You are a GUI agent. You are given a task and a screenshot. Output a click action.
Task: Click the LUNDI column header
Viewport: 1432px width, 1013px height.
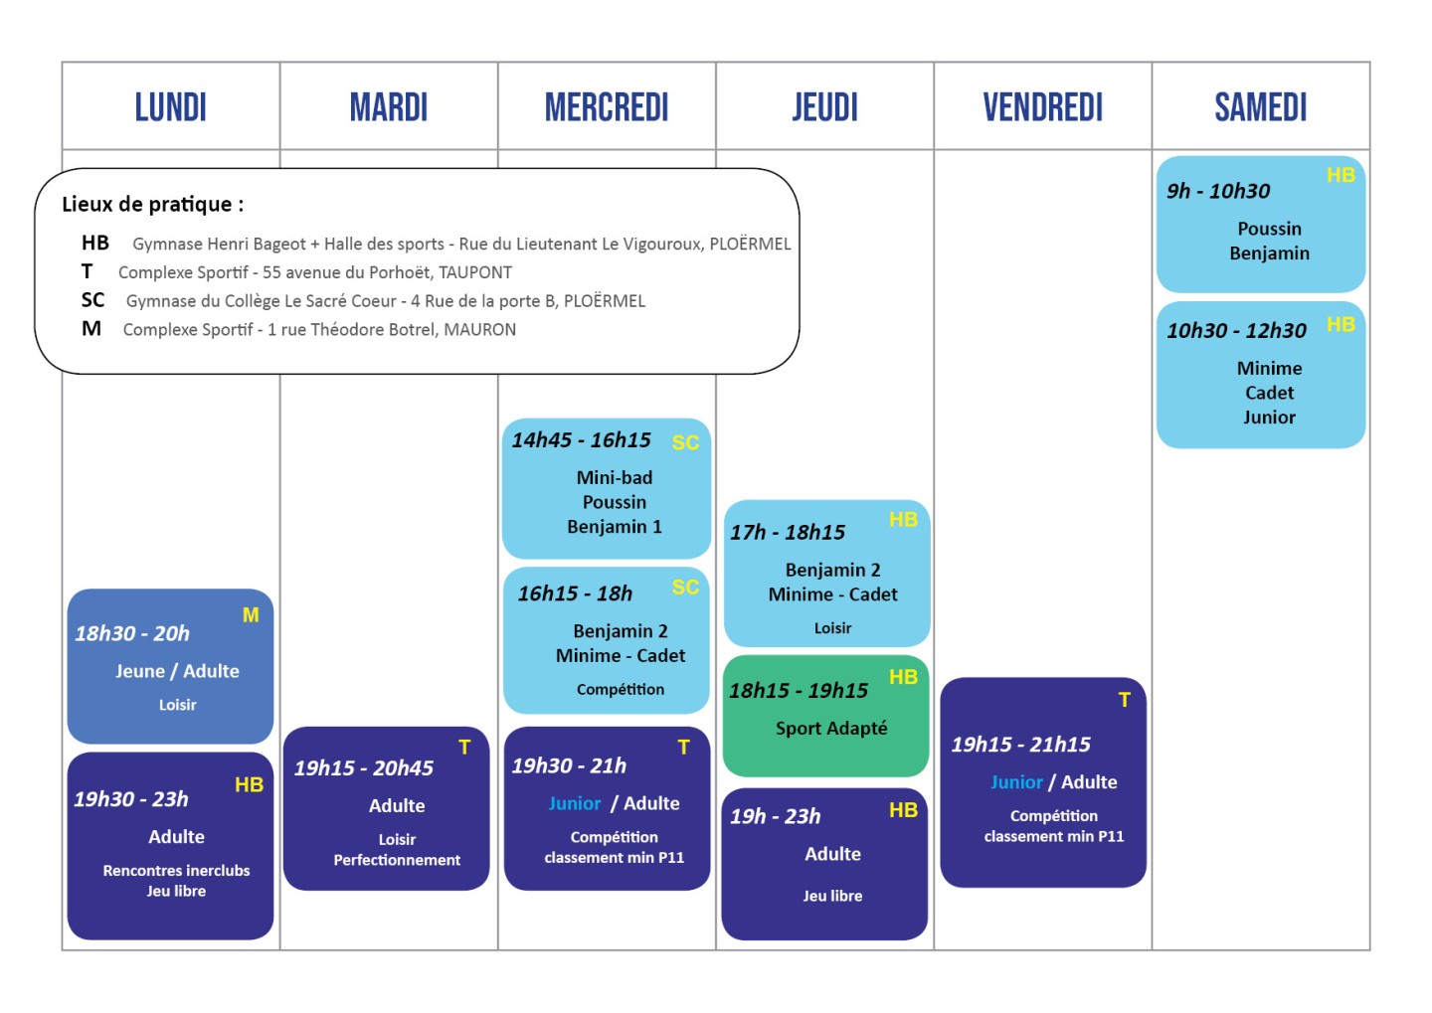[x=171, y=107]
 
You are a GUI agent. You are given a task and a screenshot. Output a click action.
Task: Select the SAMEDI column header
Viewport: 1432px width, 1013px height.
[x=1261, y=107]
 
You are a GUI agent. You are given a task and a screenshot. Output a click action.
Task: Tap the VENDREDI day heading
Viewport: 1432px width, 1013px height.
[x=1042, y=107]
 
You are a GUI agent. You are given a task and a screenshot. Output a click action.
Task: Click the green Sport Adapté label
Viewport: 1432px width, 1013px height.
[x=831, y=728]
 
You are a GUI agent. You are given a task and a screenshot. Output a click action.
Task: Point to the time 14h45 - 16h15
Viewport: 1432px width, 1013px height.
[x=581, y=439]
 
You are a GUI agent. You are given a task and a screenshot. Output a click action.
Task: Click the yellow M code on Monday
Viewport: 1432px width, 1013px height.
[x=251, y=614]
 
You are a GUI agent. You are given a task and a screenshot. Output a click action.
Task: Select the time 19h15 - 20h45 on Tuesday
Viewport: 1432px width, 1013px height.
[x=363, y=767]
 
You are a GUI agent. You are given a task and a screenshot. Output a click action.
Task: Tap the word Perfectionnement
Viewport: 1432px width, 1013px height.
[x=397, y=860]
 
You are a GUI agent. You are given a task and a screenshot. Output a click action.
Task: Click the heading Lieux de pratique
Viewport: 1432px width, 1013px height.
[x=153, y=205]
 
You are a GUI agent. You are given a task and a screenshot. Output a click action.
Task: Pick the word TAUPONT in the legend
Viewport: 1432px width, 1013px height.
[x=475, y=272]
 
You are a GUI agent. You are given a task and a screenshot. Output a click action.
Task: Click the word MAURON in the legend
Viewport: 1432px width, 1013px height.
[x=479, y=330]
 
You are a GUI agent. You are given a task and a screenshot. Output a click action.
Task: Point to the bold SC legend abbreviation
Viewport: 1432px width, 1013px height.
[x=92, y=300]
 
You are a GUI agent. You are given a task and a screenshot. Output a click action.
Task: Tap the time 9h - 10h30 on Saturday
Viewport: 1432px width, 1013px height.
[x=1218, y=191]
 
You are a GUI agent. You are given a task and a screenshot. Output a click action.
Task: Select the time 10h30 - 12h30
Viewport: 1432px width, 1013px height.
[x=1236, y=330]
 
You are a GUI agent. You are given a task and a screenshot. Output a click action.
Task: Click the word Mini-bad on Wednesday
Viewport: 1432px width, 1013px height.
[x=615, y=477]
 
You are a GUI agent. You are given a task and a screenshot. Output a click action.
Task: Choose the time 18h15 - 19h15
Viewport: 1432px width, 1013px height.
[x=799, y=690]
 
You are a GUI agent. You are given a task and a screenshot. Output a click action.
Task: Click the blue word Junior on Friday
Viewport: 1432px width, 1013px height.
[x=1016, y=781]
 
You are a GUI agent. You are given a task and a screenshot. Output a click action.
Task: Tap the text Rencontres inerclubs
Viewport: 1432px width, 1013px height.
[x=176, y=870]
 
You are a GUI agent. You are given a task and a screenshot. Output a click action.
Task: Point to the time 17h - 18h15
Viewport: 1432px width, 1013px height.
[x=788, y=532]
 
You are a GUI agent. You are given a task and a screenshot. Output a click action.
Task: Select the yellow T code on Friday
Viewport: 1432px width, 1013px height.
[x=1124, y=700]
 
